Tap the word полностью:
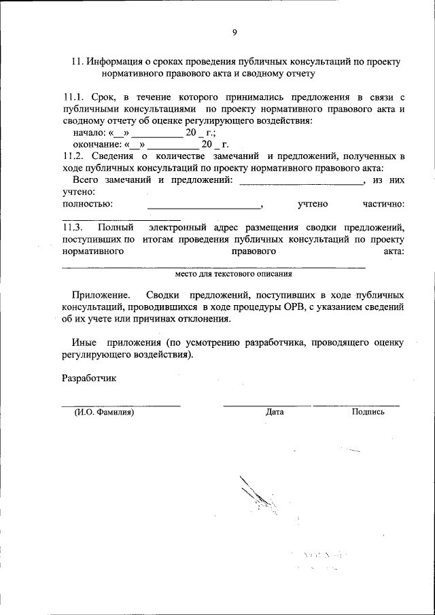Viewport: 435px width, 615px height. click(87, 203)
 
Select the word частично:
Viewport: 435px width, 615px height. click(384, 203)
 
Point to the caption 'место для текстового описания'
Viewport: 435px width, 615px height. click(233, 275)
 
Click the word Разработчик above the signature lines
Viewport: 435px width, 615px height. click(89, 377)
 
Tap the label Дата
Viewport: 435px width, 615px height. click(275, 412)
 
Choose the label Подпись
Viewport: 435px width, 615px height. click(368, 412)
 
